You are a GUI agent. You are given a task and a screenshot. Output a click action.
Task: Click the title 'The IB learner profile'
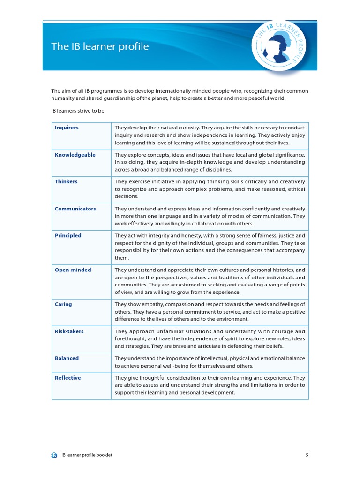100,47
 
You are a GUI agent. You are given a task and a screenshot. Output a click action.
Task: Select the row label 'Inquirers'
67,127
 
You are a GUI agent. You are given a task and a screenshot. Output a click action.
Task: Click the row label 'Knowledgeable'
75,155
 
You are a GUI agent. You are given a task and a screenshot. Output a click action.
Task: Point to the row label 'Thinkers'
66,181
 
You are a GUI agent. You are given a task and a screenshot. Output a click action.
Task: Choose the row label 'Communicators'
75,209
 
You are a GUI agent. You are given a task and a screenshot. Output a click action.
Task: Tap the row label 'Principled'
68,236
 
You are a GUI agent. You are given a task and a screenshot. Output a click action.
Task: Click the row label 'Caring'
63,304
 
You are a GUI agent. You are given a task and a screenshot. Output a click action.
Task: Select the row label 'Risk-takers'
69,331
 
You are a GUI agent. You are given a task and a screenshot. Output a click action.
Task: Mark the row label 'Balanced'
67,358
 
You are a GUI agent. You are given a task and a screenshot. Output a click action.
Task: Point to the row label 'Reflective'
67,378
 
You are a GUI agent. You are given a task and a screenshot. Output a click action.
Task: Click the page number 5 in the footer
307,455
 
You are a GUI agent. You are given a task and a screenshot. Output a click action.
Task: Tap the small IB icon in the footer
54,455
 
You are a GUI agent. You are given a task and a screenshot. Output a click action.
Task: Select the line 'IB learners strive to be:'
78,111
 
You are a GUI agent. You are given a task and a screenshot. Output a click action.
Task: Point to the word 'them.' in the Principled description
121,258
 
